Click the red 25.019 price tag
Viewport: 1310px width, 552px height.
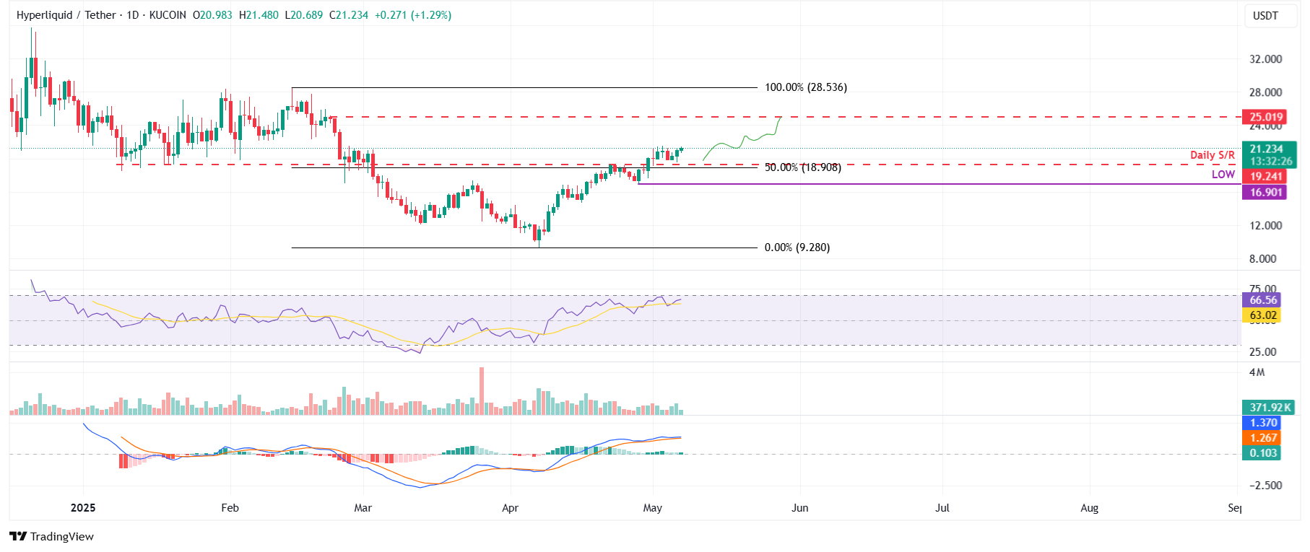pos(1266,117)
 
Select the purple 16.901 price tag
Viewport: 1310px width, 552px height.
pos(1266,193)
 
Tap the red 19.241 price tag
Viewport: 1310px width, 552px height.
pos(1266,176)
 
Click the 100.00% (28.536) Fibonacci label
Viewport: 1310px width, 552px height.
pos(805,87)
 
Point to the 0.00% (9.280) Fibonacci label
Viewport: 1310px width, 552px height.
pos(797,247)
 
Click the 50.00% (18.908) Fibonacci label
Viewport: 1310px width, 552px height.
pos(802,167)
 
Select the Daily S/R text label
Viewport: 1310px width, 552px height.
pos(1212,155)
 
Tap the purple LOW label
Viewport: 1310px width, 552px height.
pos(1223,175)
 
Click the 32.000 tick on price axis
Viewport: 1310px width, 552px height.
pos(1265,59)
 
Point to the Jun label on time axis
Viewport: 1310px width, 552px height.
pos(799,508)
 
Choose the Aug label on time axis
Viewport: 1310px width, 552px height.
pos(1089,508)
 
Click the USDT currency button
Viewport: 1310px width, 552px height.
pos(1265,15)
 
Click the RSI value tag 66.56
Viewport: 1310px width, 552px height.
pos(1262,300)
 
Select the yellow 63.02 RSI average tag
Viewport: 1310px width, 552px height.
pos(1262,315)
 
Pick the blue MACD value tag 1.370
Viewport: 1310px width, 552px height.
pos(1262,423)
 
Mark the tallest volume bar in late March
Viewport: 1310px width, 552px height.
pos(482,391)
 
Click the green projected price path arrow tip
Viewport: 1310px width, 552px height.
pos(781,118)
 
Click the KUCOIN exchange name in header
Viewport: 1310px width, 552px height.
pos(168,15)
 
